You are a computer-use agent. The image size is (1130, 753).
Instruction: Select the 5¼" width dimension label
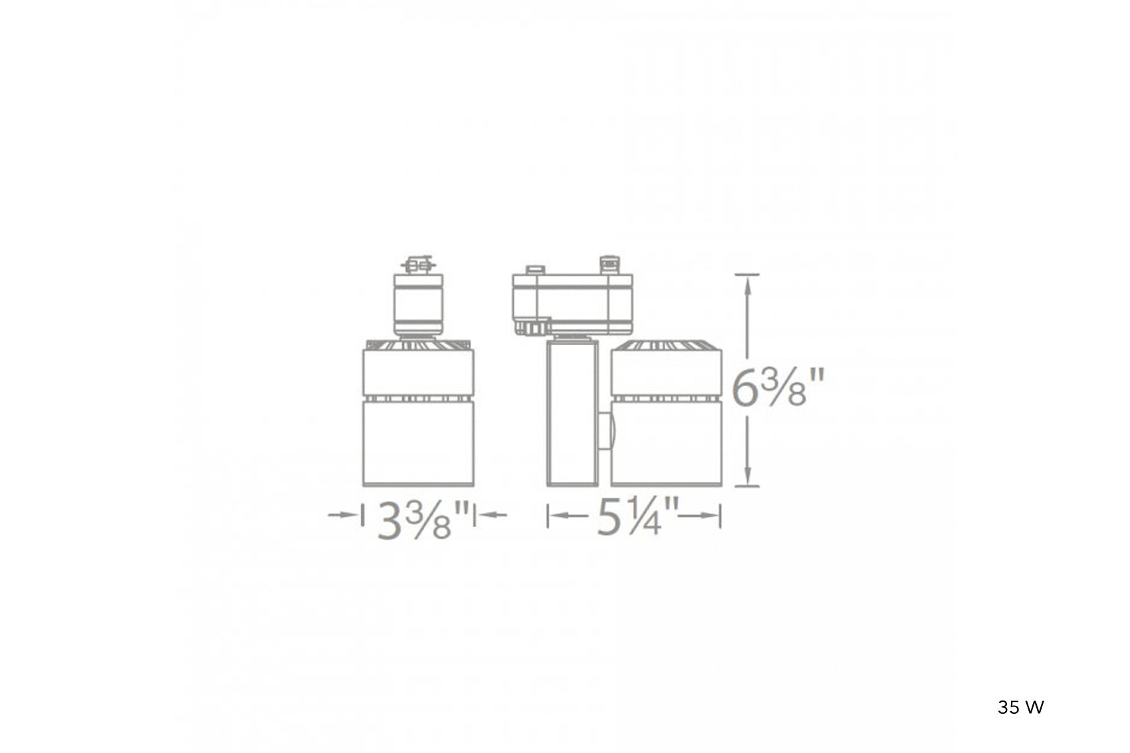tap(638, 516)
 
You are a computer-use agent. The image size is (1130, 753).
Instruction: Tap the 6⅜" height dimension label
tap(778, 387)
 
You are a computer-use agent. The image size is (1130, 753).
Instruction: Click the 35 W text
tap(1020, 708)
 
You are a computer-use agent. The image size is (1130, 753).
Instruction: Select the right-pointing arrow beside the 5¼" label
tap(699, 516)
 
